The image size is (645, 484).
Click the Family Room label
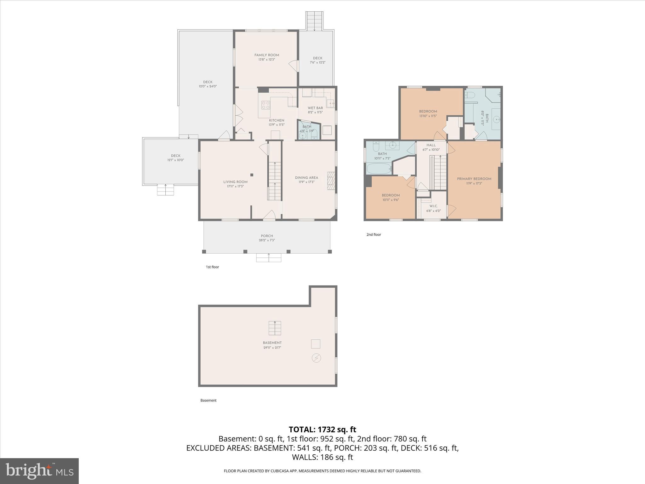tap(267, 55)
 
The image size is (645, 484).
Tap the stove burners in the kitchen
tap(265, 105)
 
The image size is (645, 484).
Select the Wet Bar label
tap(315, 108)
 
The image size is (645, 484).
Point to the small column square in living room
tap(252, 175)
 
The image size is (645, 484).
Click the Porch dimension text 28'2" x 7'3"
tap(267, 240)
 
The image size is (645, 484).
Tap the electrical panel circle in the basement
tap(316, 358)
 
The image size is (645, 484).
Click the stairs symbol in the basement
tap(275, 328)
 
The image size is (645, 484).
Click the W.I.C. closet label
tap(433, 206)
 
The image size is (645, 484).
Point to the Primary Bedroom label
tap(474, 179)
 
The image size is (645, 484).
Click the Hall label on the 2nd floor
tap(431, 145)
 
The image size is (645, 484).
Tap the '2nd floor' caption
tap(374, 234)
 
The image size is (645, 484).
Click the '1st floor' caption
tap(212, 267)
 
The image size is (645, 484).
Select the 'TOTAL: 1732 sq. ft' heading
tap(322, 429)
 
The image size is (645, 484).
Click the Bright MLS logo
tap(39, 471)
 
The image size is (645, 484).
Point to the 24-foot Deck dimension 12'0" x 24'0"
tap(208, 86)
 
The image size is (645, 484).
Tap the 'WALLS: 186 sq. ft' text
tap(322, 457)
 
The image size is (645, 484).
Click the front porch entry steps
tap(268, 257)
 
